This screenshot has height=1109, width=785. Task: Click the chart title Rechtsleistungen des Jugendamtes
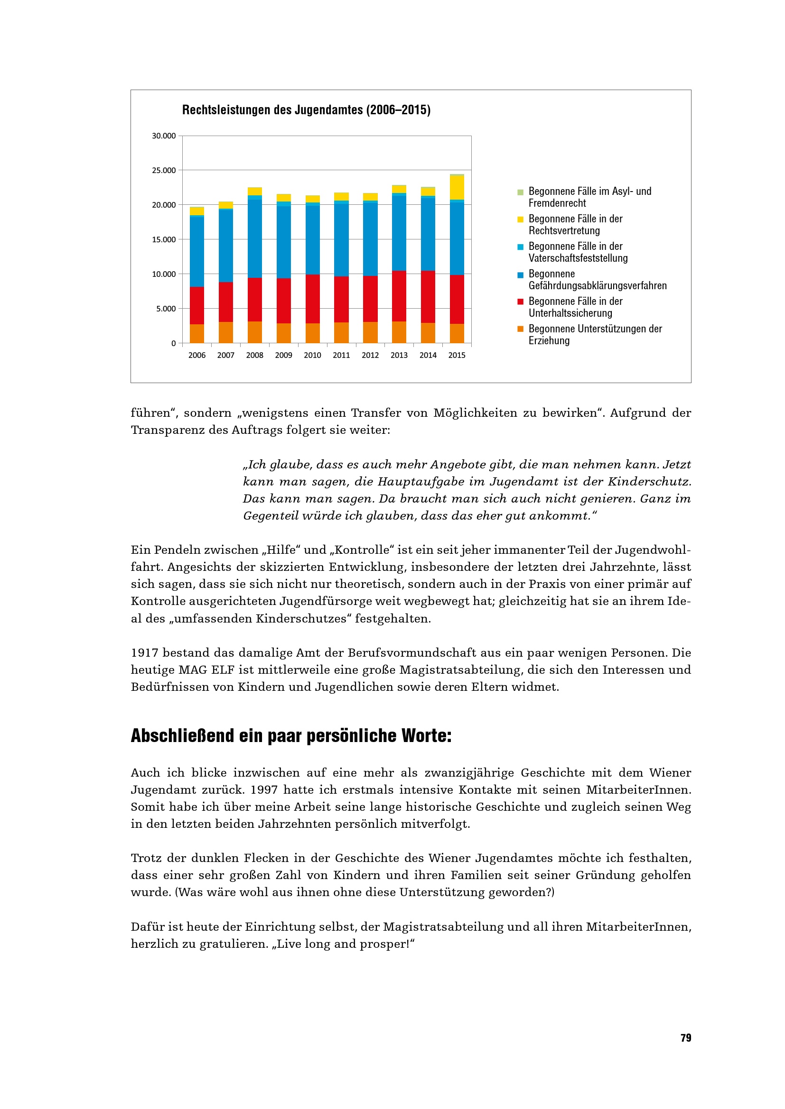coord(306,110)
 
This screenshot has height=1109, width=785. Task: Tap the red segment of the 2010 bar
coord(312,299)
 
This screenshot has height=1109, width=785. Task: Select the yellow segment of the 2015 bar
coord(457,187)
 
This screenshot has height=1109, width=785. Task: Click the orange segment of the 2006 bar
coord(197,333)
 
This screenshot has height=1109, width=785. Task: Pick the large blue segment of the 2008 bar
coord(255,238)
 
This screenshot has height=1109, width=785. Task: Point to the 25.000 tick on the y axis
coord(164,171)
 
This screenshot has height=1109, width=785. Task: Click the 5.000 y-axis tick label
coord(166,309)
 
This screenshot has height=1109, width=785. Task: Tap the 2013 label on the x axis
coord(399,355)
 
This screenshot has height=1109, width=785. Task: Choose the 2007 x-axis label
coord(226,355)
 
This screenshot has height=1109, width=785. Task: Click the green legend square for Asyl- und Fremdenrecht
coord(520,192)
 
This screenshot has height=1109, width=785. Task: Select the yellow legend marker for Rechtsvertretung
coord(520,220)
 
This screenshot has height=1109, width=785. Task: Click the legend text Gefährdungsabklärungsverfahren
coord(598,286)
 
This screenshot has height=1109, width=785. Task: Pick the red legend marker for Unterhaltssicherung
coord(520,302)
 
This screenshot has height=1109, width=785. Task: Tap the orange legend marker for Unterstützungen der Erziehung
coord(520,330)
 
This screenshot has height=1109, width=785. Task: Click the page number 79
coord(685,1038)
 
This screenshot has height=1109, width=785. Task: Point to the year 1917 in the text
coord(145,653)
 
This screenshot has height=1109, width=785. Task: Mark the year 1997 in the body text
coord(263,790)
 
